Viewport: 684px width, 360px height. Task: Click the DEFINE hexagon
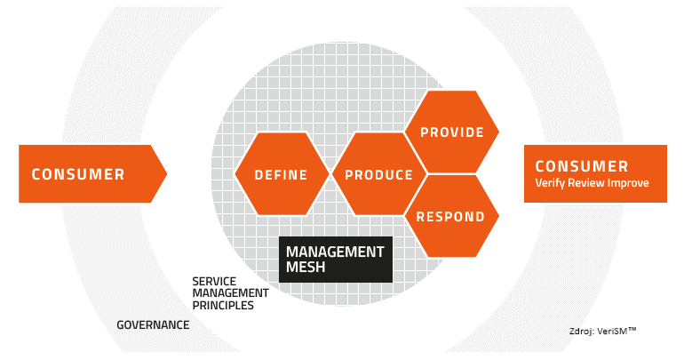click(x=282, y=173)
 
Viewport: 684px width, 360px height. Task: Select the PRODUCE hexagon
click(x=378, y=173)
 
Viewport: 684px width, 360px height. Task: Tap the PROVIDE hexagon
click(x=452, y=132)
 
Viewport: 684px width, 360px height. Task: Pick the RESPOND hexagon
click(x=452, y=216)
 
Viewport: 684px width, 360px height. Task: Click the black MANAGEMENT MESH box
click(x=336, y=260)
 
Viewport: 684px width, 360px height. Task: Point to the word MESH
click(x=306, y=267)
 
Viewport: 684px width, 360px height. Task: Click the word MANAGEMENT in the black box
click(x=335, y=252)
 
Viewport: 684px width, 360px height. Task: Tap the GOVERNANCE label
click(x=153, y=324)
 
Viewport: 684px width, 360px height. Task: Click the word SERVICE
click(x=214, y=281)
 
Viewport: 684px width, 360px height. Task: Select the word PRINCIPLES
click(x=223, y=305)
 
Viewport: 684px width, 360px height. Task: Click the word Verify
click(x=548, y=183)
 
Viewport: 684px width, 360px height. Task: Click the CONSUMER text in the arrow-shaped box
click(x=78, y=174)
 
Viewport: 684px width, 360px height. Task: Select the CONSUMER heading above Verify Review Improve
click(x=582, y=166)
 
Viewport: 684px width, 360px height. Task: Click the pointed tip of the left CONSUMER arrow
click(x=167, y=173)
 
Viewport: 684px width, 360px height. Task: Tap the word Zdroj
click(x=581, y=332)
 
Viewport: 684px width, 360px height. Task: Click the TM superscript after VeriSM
click(x=632, y=329)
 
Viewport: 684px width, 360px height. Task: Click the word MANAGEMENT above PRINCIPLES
click(x=230, y=292)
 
